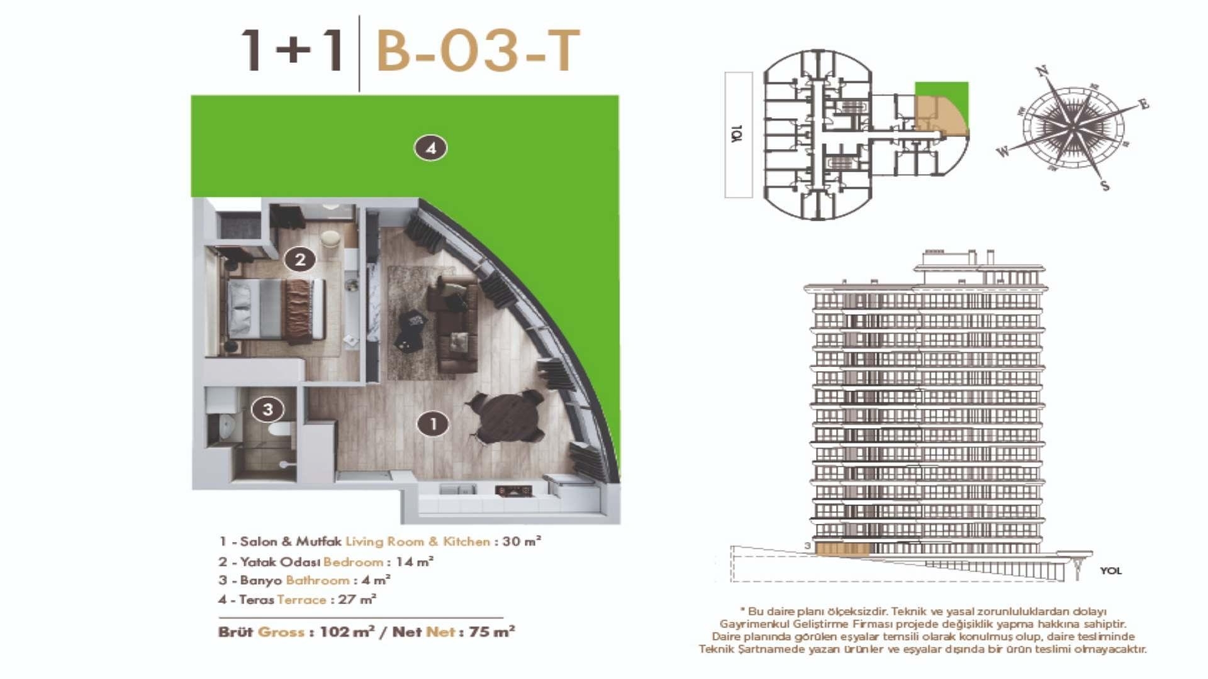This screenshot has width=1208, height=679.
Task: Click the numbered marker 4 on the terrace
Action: (430, 148)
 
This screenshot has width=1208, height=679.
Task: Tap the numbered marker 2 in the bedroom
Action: (299, 259)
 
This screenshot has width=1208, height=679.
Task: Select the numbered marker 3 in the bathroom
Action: (267, 409)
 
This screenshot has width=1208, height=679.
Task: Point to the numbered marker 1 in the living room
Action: (433, 424)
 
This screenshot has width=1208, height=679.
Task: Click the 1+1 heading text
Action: (293, 50)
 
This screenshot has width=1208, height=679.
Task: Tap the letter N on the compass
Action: (1042, 71)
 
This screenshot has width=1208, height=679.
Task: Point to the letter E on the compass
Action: (1143, 104)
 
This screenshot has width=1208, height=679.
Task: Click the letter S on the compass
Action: (1105, 185)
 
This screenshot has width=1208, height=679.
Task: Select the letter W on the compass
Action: (1003, 152)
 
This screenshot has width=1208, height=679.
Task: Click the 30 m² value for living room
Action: (522, 541)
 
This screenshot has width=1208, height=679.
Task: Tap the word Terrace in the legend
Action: (301, 600)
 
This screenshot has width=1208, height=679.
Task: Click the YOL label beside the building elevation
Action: (1110, 571)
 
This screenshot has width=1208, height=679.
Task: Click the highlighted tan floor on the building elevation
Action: (842, 549)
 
